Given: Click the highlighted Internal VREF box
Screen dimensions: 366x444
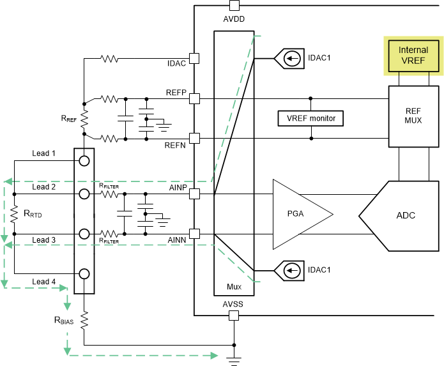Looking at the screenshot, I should [413, 54].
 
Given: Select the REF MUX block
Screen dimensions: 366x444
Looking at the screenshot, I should [413, 115].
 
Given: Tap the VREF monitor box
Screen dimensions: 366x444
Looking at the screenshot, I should [311, 118].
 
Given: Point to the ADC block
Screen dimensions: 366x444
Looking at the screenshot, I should [402, 215].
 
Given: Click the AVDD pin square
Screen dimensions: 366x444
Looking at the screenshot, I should [234, 6].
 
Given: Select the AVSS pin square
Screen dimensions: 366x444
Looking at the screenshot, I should [234, 316].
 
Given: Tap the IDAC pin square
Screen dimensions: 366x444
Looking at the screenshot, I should [194, 59].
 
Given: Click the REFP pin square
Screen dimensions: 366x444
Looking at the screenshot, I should [194, 98].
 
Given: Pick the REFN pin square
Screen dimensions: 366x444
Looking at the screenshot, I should [194, 138].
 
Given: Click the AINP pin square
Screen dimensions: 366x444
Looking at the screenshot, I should [194, 193].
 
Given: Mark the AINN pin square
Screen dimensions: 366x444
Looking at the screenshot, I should [194, 234].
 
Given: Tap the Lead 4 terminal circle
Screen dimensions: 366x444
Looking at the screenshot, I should [84, 274].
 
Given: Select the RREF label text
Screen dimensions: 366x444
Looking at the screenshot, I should [70, 118].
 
